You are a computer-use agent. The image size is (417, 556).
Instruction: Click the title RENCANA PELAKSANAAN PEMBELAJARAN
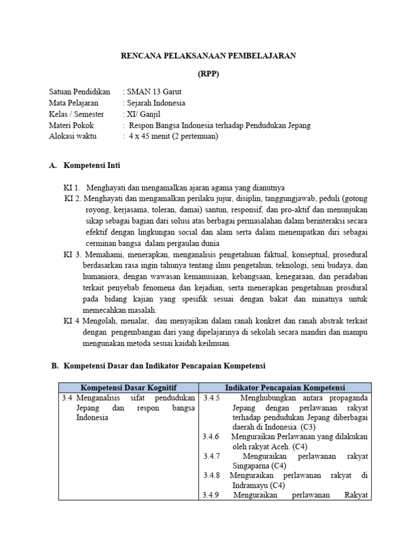coord(208,56)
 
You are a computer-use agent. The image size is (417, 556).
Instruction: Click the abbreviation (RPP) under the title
coord(208,74)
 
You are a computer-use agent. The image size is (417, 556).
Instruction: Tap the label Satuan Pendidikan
coord(79,92)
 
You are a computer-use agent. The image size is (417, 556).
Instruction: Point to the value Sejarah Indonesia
coord(156,103)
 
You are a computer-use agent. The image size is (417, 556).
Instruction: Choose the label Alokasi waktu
coord(73,136)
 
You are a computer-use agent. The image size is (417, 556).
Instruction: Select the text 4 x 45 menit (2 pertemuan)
coord(173,136)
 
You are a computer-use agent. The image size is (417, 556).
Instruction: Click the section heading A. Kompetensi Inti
coord(92,165)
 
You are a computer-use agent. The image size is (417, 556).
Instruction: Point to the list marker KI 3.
coord(72,254)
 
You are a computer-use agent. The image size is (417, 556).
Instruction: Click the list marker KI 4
coord(71,321)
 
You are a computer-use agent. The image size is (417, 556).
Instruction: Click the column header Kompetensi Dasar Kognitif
coord(128,387)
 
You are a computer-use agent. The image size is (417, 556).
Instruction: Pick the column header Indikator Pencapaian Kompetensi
coord(285,387)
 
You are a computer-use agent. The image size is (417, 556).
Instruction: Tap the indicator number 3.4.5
coord(211,398)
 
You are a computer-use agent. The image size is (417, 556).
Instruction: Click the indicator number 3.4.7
coord(212,456)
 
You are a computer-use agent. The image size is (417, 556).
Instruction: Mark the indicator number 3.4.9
coord(211,495)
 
